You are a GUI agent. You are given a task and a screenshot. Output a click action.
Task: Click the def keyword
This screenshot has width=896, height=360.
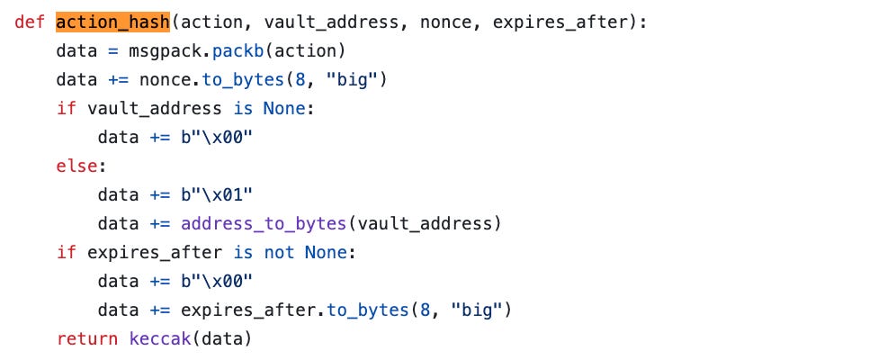point(31,22)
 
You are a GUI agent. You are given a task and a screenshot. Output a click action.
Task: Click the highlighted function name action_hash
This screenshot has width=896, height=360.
point(112,22)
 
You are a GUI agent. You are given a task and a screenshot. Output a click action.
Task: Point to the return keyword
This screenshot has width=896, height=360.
point(87,338)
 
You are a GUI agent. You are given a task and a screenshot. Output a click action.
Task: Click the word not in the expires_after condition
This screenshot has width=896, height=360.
point(279,252)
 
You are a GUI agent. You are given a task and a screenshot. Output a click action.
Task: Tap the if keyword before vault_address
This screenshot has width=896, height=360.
point(67,109)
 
